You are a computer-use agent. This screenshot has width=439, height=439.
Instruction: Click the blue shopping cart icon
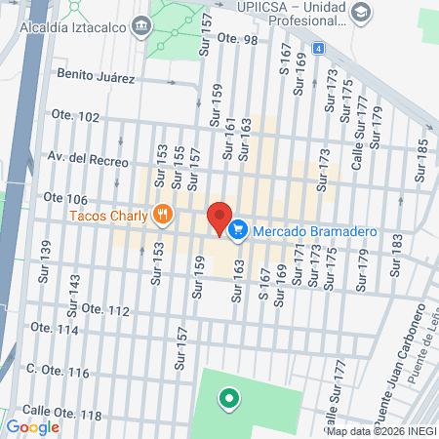tap(237, 230)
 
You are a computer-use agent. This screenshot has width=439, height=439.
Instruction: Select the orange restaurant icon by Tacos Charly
tap(162, 214)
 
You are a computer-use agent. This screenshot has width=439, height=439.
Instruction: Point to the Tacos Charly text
tap(107, 215)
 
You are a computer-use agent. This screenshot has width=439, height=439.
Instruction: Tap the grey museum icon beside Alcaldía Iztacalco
tap(143, 24)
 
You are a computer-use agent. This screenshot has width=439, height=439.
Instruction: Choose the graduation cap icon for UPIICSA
tap(361, 14)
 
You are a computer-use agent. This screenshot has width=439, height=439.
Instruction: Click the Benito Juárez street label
tap(95, 74)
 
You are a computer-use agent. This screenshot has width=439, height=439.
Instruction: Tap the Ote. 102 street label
tap(75, 117)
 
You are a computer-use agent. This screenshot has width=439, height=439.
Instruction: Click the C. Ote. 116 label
tap(59, 373)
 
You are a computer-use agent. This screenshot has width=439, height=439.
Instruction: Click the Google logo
tap(33, 426)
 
